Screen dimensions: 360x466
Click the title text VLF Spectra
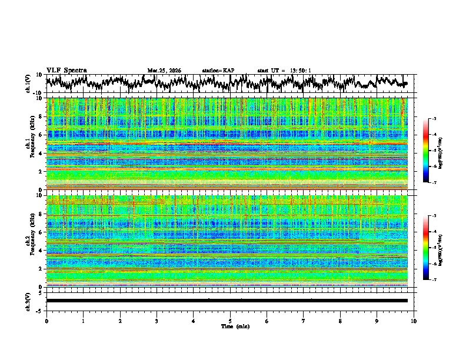pyautogui.click(x=66, y=70)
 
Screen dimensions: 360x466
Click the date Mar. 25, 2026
pyautogui.click(x=164, y=71)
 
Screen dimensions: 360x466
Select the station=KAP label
pyautogui.click(x=218, y=71)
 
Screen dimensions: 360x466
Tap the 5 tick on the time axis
pyautogui.click(x=230, y=320)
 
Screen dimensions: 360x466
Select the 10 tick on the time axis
pyautogui.click(x=414, y=320)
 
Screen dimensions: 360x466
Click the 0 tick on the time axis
pyautogui.click(x=46, y=320)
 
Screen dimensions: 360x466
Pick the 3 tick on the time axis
pyautogui.click(x=157, y=320)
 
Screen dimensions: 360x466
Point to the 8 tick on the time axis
pyautogui.click(x=340, y=320)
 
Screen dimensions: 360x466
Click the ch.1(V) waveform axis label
pyautogui.click(x=28, y=84)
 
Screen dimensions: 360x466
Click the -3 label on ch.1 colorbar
pyautogui.click(x=434, y=119)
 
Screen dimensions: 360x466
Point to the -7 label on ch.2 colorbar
pyautogui.click(x=434, y=280)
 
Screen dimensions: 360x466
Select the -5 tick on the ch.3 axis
pyautogui.click(x=39, y=309)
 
